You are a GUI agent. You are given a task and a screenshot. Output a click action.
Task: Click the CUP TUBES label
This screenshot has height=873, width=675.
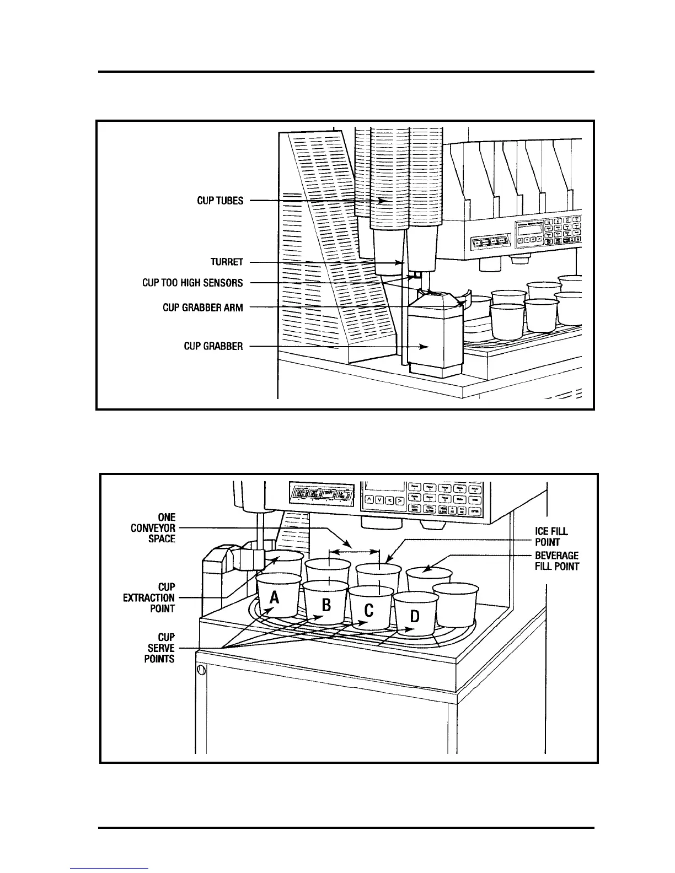click(220, 201)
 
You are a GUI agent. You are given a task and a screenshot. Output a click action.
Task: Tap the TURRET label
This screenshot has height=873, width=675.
click(227, 262)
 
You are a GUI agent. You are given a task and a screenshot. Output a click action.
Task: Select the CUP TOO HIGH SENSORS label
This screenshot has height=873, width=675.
click(192, 283)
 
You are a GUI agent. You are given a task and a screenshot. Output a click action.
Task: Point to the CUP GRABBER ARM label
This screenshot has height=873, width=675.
click(202, 308)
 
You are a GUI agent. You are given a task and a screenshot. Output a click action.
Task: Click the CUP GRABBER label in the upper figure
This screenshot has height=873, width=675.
click(213, 347)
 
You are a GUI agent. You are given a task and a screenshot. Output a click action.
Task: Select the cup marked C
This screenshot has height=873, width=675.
click(369, 610)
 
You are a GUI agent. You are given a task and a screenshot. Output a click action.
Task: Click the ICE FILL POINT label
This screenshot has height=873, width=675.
click(551, 536)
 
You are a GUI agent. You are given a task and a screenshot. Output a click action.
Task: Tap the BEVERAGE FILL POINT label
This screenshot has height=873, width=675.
click(556, 561)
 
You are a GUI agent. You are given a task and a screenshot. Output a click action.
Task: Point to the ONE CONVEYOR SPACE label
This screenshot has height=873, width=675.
click(153, 528)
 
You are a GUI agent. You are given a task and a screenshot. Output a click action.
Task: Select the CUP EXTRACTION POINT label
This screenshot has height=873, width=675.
click(149, 598)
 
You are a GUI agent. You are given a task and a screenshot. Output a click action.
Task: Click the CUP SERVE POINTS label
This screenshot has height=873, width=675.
click(159, 648)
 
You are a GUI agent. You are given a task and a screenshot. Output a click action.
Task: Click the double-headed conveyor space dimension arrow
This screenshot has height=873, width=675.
click(354, 551)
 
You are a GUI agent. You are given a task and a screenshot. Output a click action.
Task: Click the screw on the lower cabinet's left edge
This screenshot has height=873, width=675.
click(201, 670)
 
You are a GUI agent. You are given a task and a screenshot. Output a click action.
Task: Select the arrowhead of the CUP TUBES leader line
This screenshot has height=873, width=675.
click(383, 201)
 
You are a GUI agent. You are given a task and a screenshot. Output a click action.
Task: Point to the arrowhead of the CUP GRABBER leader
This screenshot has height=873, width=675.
click(426, 347)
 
